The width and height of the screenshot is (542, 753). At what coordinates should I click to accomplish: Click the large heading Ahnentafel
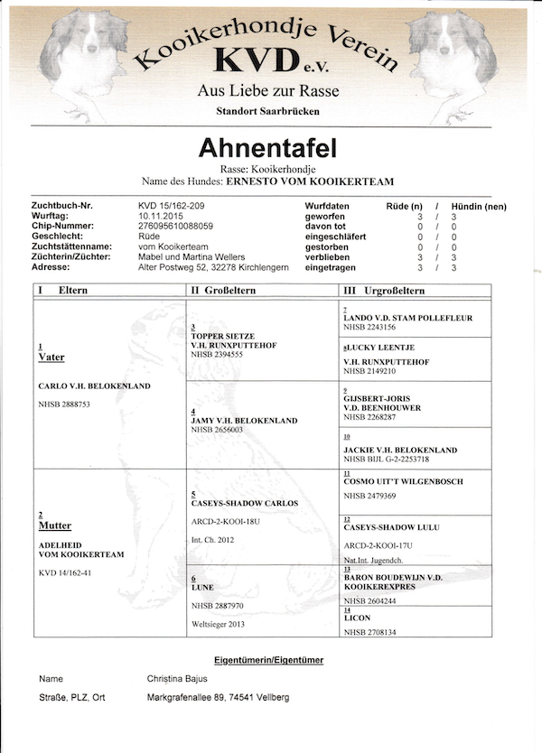pos(267,147)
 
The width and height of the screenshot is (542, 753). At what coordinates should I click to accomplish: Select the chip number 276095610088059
pos(175,227)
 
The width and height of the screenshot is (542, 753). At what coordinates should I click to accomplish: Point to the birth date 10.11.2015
pos(159,217)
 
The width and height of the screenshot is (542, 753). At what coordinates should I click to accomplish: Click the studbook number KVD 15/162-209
pos(172,207)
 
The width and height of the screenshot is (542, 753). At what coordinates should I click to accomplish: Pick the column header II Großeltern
pos(224,291)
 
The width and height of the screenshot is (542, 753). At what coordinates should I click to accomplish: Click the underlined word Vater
pos(51,358)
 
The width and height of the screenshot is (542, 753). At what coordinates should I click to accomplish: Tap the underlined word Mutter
pos(54,525)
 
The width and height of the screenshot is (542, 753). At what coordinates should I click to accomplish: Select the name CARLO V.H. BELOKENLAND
pos(95,386)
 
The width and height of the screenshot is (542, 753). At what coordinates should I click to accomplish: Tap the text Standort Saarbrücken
pos(267,111)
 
